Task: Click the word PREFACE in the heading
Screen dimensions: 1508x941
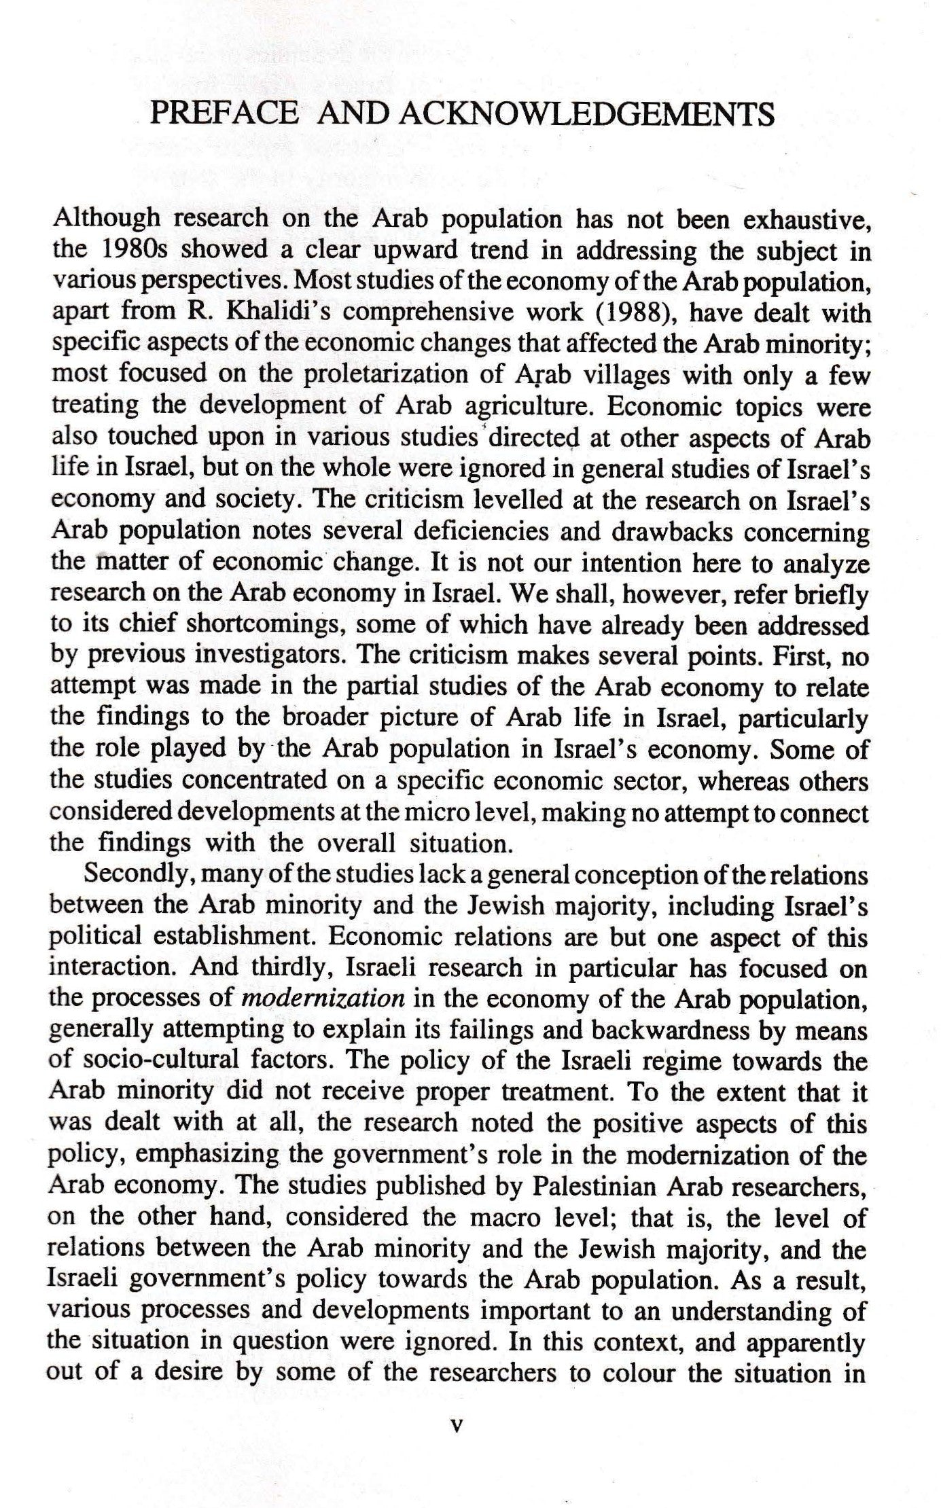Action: pyautogui.click(x=224, y=113)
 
